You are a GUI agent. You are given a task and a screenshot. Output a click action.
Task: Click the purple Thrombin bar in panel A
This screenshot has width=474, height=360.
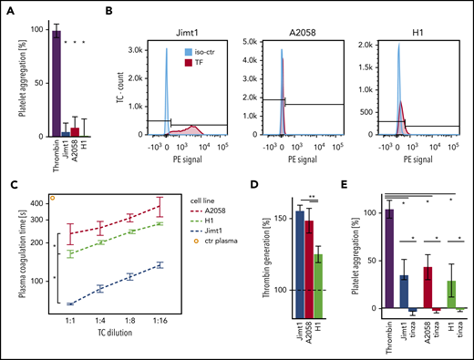tap(57, 82)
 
